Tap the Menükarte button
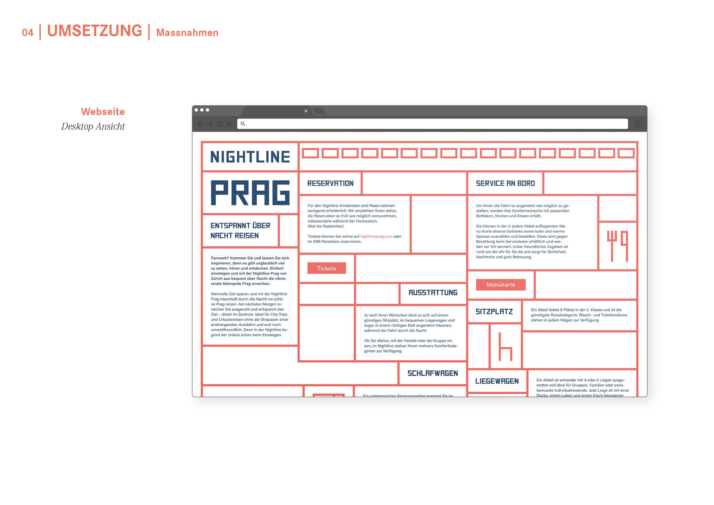coord(500,284)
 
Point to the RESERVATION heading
coord(330,183)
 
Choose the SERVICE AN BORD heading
coord(505,183)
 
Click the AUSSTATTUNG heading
coord(433,292)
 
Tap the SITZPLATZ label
coord(494,312)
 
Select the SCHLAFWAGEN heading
coord(433,373)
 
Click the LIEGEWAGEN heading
coord(497,381)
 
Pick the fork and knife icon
coord(617,246)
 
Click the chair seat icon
coord(505,347)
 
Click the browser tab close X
coord(306,111)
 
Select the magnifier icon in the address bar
coord(243,124)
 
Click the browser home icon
coord(229,124)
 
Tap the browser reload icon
coord(220,124)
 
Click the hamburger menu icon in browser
coord(637,124)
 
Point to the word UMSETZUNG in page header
coord(95,31)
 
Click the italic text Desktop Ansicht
coord(93,126)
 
